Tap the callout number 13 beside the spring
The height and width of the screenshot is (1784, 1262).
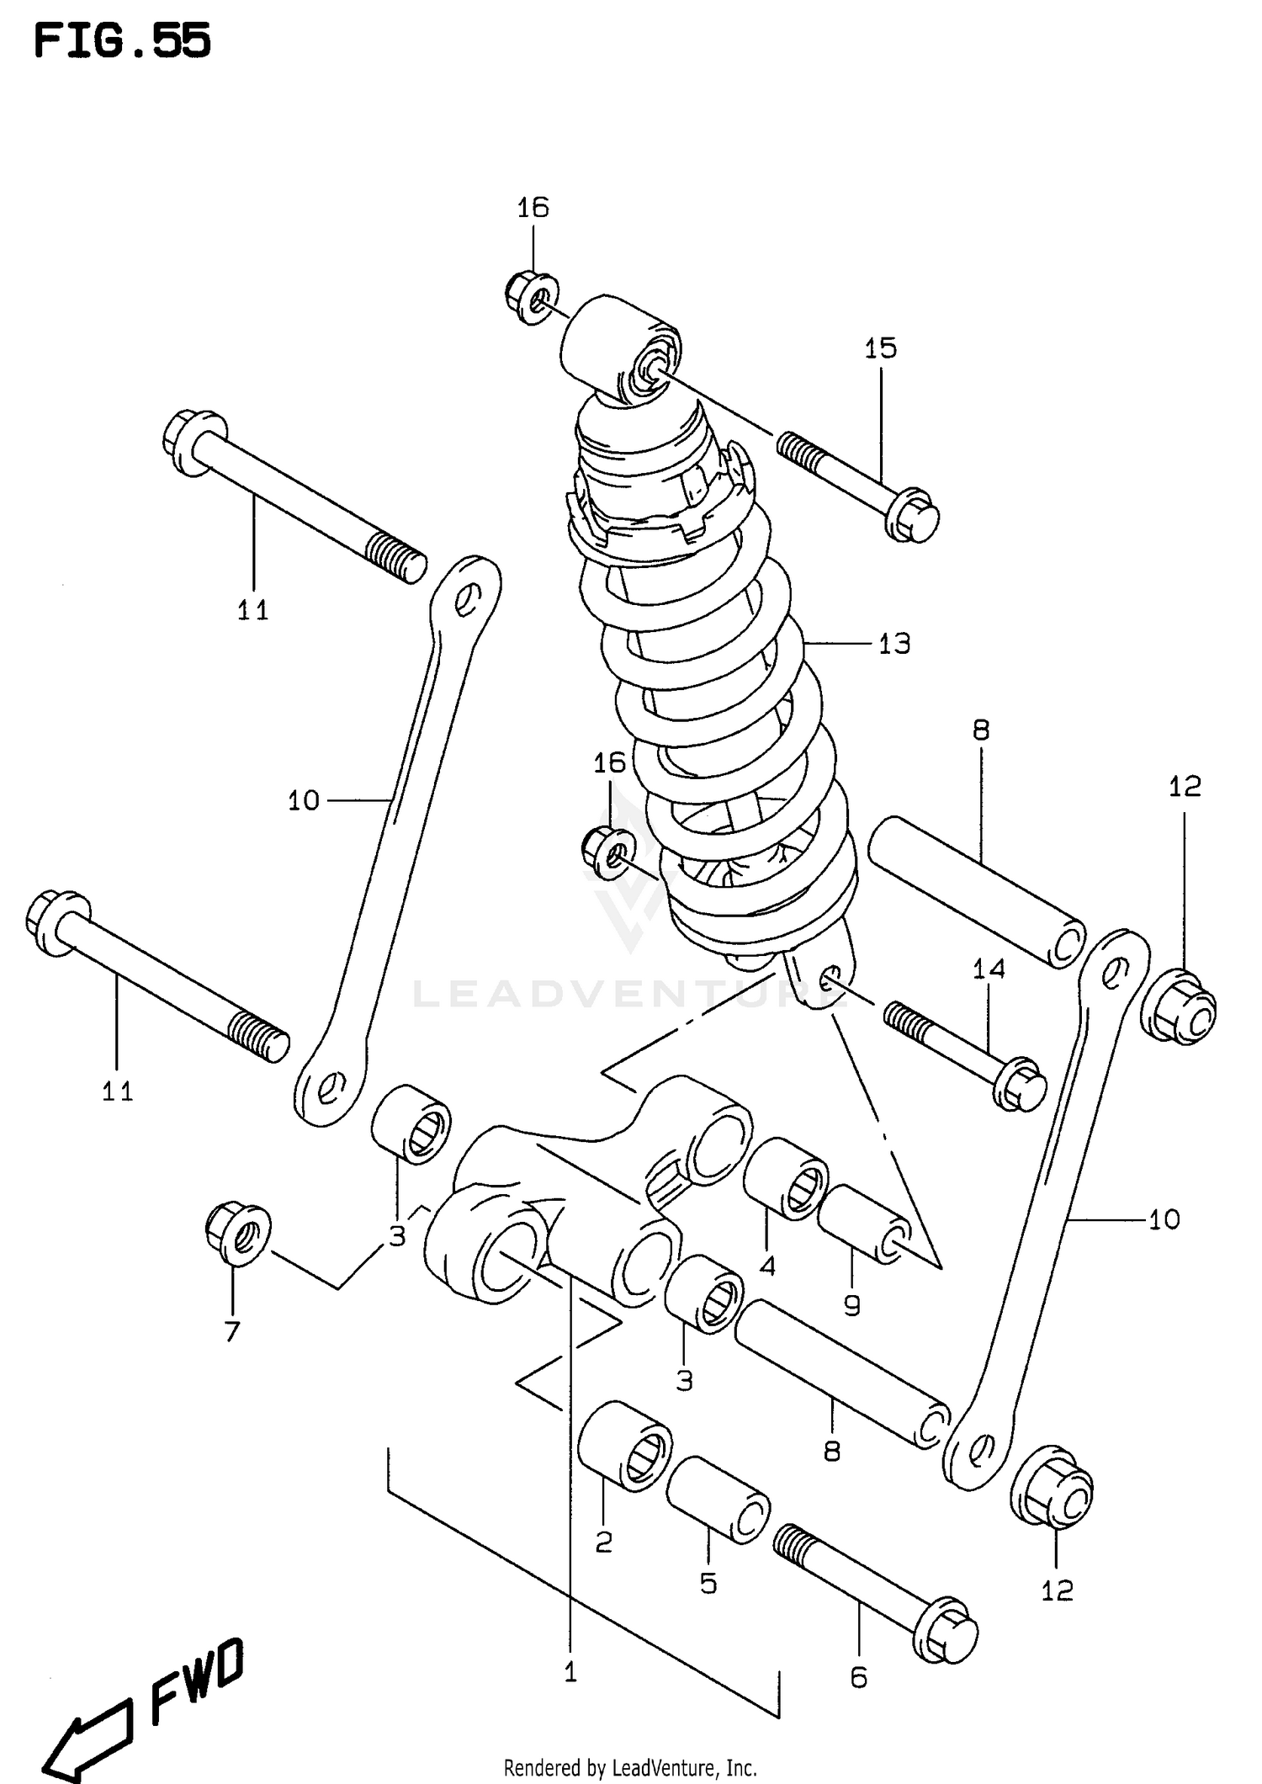pos(894,644)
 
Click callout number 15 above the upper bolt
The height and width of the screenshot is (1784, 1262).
pos(881,348)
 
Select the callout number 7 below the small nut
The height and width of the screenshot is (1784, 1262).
pos(232,1330)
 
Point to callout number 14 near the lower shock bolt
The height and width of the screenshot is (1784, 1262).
pos(989,969)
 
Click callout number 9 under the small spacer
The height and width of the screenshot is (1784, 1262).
pos(851,1305)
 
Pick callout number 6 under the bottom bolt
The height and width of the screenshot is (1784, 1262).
pos(858,1678)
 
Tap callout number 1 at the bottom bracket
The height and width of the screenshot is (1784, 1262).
pos(570,1673)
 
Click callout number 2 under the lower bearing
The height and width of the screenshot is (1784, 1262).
pos(603,1542)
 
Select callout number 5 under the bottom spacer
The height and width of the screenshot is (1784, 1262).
pos(708,1584)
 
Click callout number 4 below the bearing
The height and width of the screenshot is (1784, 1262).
pos(767,1266)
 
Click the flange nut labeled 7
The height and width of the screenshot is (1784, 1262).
pos(237,1234)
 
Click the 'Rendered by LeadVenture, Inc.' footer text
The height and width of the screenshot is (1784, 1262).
pos(630,1768)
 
